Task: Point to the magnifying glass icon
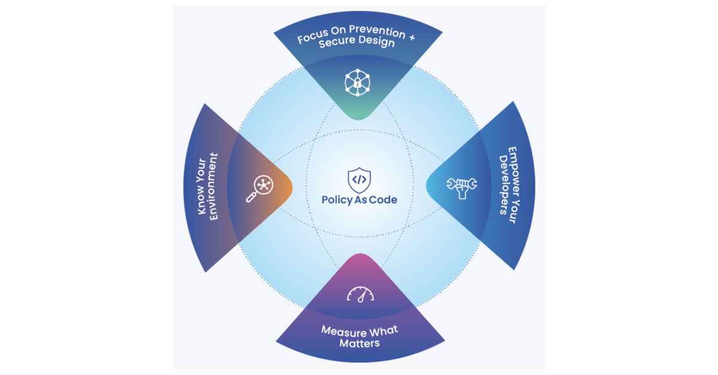258,188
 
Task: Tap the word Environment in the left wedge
214,187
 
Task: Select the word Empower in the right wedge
513,170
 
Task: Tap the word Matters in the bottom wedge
360,343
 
